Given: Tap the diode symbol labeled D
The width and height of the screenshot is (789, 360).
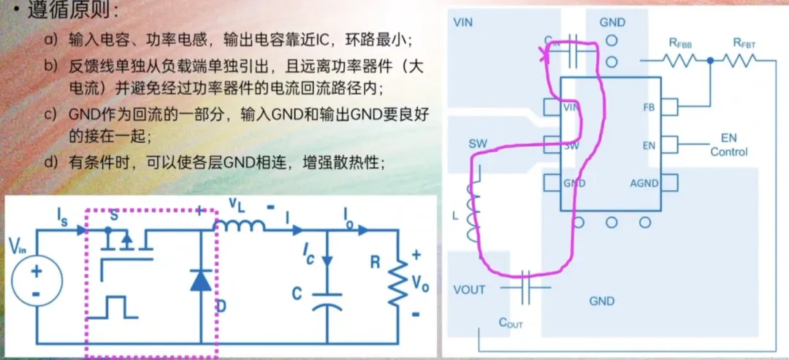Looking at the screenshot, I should (x=201, y=280).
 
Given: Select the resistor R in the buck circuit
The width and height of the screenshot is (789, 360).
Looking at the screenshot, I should (x=397, y=281).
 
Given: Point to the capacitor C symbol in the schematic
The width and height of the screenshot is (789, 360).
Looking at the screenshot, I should (x=327, y=302).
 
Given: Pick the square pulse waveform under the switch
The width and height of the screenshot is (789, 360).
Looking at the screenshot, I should (x=118, y=307).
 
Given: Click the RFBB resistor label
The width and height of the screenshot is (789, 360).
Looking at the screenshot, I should (x=681, y=43).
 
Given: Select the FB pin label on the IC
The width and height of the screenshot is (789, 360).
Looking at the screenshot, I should (x=649, y=108).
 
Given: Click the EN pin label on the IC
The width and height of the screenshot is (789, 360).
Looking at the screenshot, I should (x=649, y=145).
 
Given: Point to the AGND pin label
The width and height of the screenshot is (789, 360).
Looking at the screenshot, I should (x=644, y=183).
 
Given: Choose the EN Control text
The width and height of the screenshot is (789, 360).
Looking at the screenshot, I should (x=728, y=145).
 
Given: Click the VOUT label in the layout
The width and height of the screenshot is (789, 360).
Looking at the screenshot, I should (x=469, y=290).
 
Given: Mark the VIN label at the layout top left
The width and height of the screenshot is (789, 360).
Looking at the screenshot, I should (x=462, y=22).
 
